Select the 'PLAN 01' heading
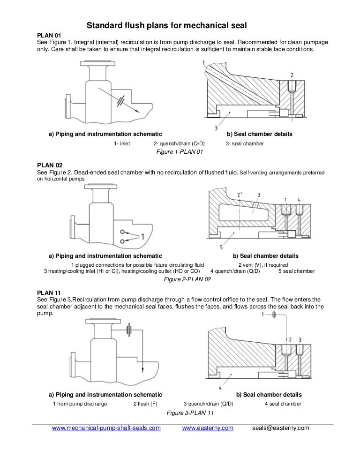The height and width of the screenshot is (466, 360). (49, 35)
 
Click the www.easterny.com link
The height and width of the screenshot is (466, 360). (207, 428)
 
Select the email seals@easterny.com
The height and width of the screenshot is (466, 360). (281, 428)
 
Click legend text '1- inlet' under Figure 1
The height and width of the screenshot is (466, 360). (122, 143)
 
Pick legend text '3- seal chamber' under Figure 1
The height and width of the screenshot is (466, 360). (245, 143)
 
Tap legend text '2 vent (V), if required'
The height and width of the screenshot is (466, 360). (264, 264)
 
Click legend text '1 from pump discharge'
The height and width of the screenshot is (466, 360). (80, 404)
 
